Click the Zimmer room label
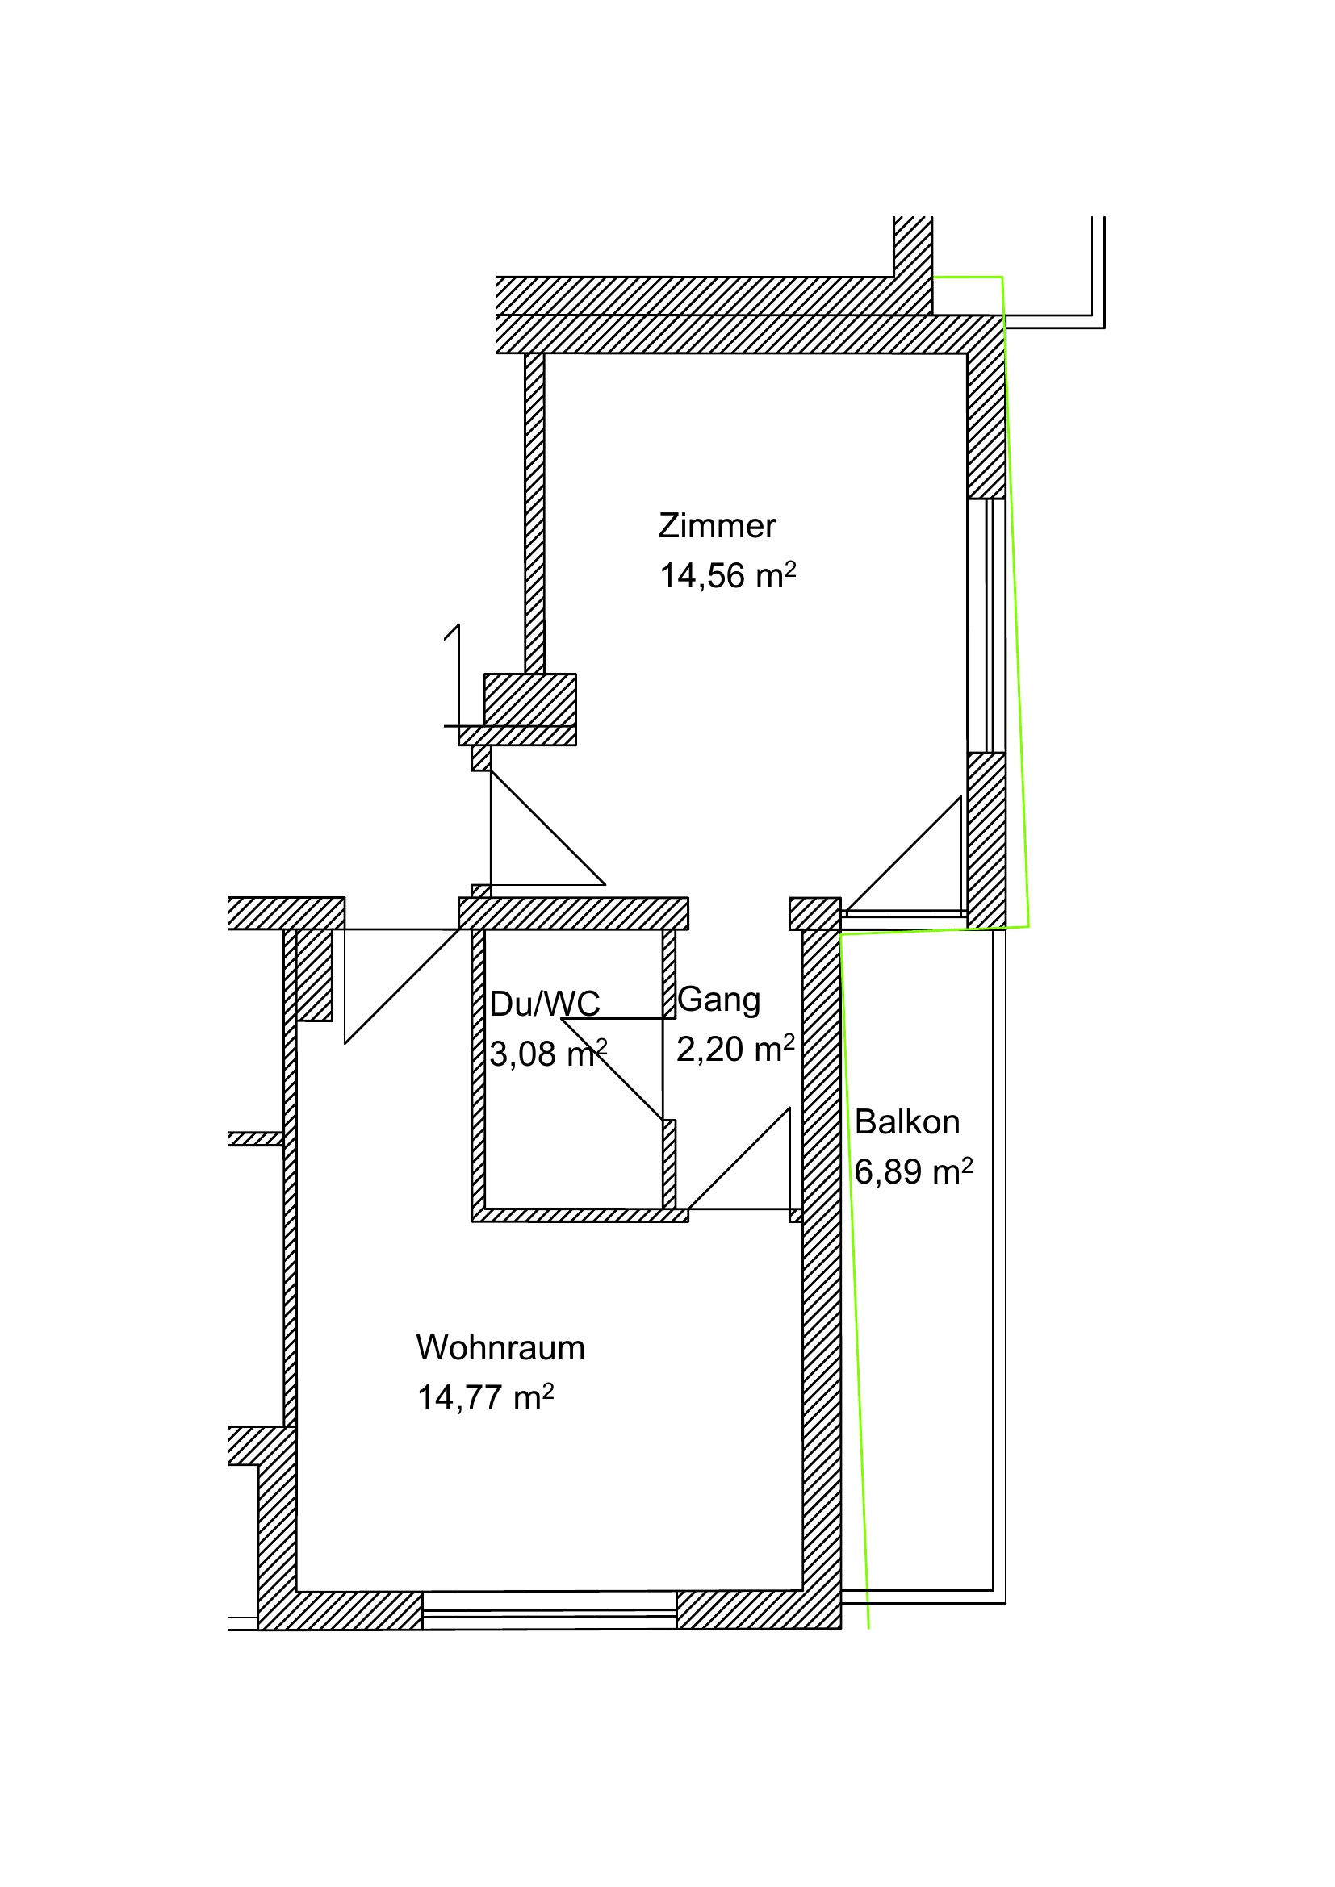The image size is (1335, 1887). pos(717,526)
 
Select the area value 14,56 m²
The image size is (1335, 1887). pos(727,575)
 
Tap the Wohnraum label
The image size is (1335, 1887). pos(500,1348)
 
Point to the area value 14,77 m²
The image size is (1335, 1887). pos(485,1397)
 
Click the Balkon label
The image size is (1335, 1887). pos(906,1122)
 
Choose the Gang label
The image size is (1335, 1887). pos(718,1000)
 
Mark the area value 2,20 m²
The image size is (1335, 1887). pos(735,1049)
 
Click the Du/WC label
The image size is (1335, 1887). pos(544,1004)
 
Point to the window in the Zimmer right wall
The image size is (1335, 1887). pos(986,625)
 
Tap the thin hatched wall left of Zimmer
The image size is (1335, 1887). pos(534,514)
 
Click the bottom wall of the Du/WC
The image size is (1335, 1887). pos(580,1215)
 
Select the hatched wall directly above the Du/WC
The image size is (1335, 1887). pos(573,913)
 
